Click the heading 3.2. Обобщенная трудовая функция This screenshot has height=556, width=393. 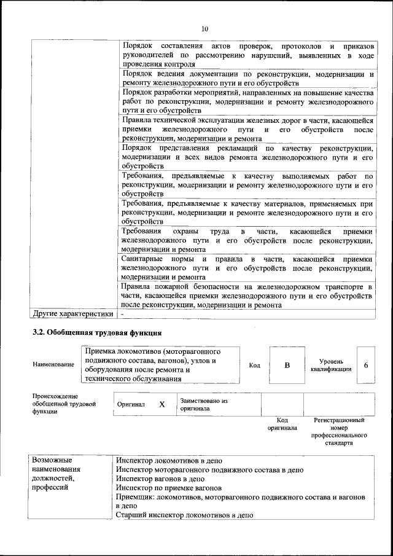(97, 334)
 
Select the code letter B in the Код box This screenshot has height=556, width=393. (286, 365)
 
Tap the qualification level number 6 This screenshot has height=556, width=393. (366, 365)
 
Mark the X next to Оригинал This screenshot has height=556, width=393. (162, 404)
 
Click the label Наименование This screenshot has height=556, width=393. (53, 365)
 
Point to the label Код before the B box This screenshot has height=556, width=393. (254, 366)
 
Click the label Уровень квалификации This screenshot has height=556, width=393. (330, 365)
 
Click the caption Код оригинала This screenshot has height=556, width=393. (282, 424)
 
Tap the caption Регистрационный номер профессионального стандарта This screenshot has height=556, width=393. (339, 431)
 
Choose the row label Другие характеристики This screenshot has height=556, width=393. (73, 314)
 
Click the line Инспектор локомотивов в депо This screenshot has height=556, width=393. (169, 460)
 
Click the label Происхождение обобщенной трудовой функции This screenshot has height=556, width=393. (64, 404)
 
